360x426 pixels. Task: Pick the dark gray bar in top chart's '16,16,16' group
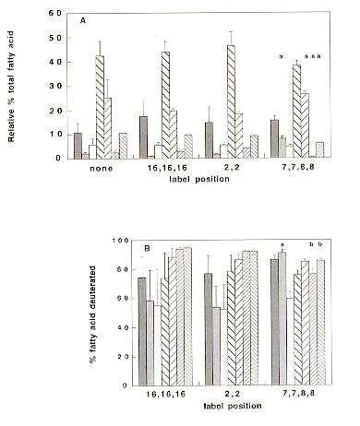[143, 136]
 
